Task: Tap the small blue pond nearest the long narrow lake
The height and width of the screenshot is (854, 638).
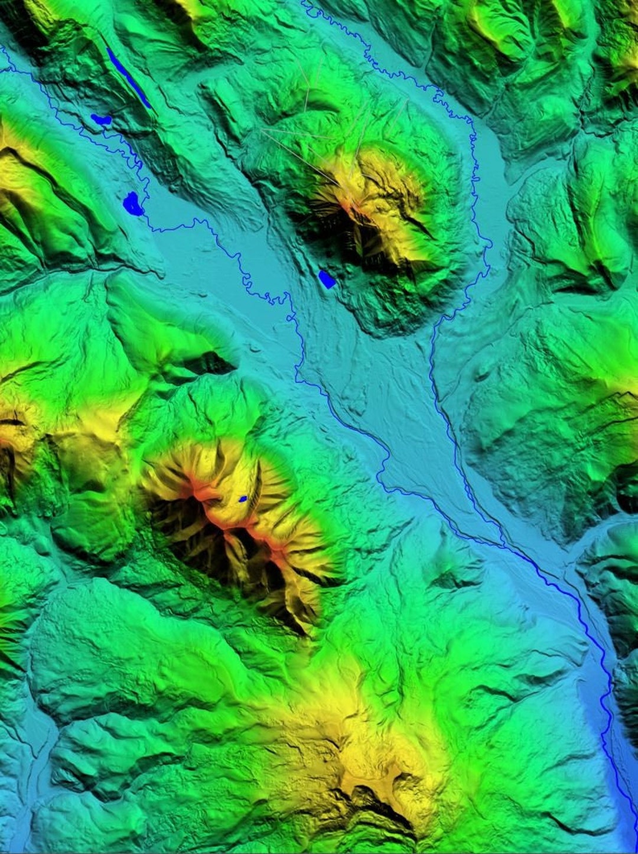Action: pyautogui.click(x=101, y=119)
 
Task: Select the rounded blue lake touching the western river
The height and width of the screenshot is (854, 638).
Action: pyautogui.click(x=133, y=204)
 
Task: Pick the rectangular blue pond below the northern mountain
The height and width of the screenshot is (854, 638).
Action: pyautogui.click(x=327, y=279)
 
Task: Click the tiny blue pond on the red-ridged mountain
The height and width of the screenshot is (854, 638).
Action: pyautogui.click(x=243, y=499)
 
